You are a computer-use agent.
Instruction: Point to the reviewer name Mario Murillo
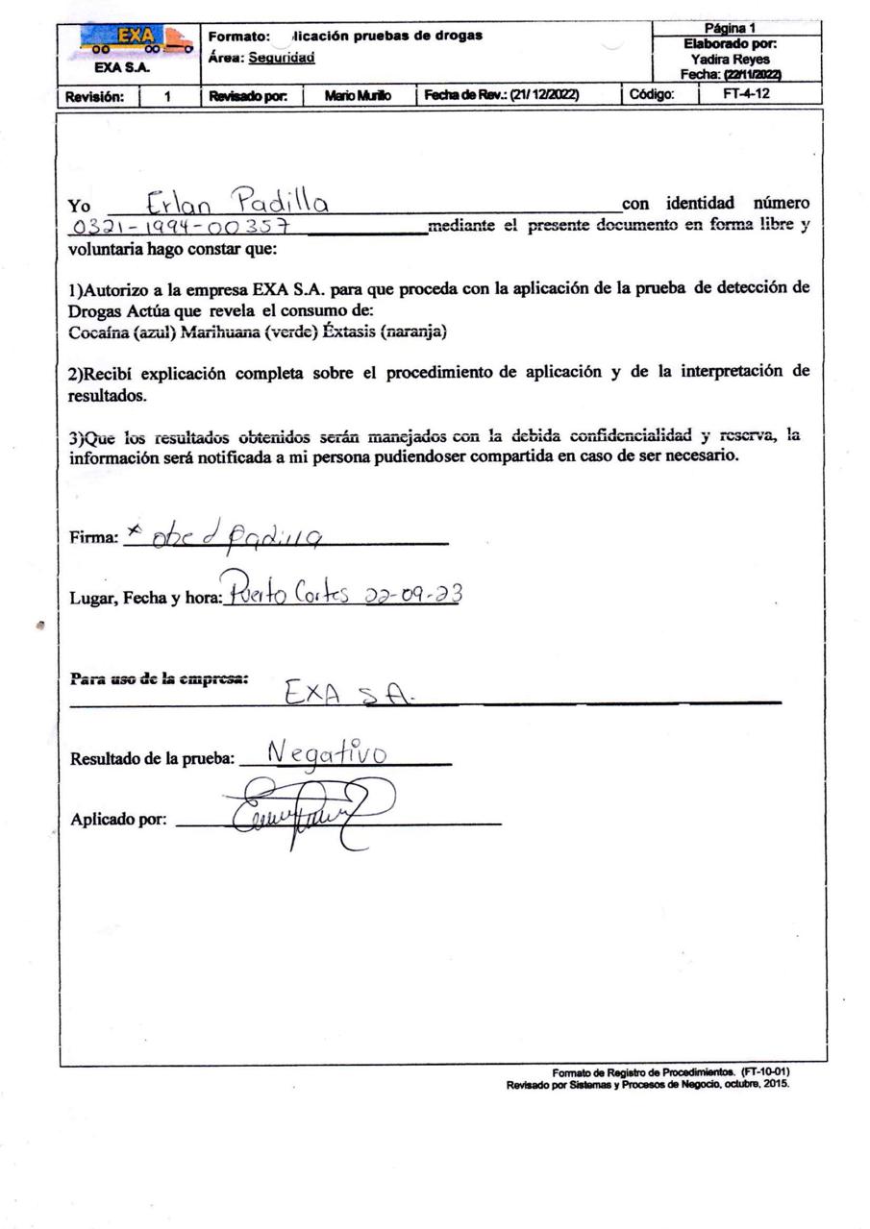click(x=359, y=95)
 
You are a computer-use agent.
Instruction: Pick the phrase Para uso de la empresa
click(x=159, y=677)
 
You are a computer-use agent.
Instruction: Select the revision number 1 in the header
click(x=167, y=95)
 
